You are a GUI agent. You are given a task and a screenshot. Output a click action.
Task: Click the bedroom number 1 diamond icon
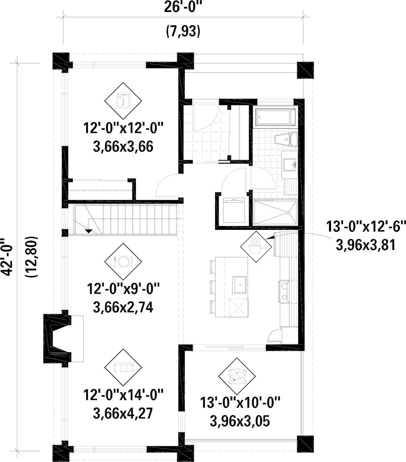(x=123, y=100)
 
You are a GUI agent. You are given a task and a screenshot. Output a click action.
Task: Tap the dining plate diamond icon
(x=123, y=261)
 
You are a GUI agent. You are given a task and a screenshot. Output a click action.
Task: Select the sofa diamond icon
(x=123, y=367)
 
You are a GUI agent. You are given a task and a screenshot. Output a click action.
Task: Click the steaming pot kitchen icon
(x=256, y=247)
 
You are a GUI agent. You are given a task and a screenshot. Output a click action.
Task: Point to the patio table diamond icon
(x=237, y=377)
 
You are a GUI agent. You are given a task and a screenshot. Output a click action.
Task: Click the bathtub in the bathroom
(x=276, y=117)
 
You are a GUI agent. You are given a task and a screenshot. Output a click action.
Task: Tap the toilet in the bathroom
(x=286, y=139)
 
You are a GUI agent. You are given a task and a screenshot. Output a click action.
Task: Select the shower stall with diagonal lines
(x=275, y=213)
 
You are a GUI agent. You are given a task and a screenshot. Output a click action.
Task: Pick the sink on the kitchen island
(x=239, y=285)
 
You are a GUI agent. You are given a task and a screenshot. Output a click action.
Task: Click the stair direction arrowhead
(x=89, y=231)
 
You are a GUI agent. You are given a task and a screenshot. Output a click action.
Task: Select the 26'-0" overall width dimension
(x=183, y=8)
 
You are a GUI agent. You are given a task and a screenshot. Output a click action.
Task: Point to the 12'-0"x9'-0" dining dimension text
(x=123, y=289)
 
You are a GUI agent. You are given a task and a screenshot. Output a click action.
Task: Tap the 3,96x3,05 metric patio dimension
(x=240, y=421)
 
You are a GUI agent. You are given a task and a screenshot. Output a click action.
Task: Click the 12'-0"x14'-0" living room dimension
(x=123, y=395)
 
